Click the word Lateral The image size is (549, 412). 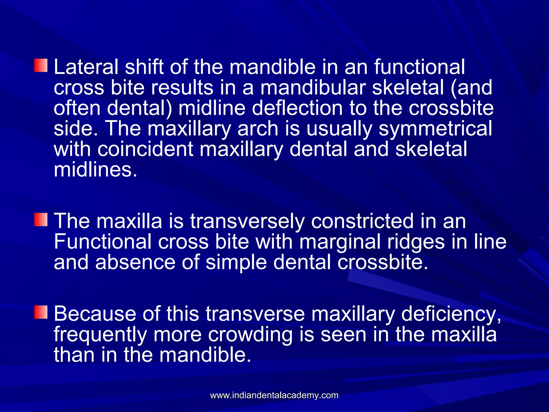(x=86, y=67)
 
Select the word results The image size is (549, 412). (x=182, y=87)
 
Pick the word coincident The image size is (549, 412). (x=145, y=149)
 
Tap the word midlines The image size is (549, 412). (x=95, y=170)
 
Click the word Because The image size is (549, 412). (x=95, y=314)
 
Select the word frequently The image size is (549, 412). (x=100, y=334)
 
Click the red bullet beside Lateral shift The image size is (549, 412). (x=41, y=66)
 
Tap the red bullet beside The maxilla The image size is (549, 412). (x=41, y=220)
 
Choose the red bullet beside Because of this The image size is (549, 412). (x=41, y=312)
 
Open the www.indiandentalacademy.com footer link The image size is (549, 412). (x=274, y=395)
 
